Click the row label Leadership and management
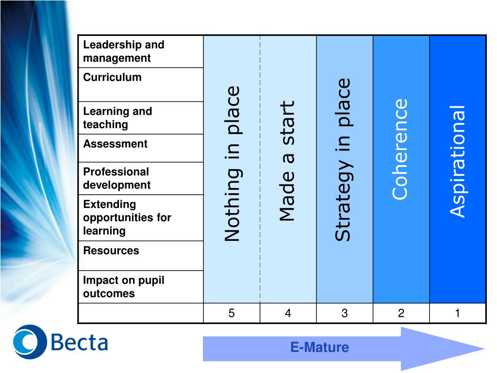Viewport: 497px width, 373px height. tap(124, 51)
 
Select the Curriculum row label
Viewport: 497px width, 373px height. tap(112, 77)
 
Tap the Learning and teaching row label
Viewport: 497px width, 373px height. tap(117, 118)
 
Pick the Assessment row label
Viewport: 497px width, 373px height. tap(115, 144)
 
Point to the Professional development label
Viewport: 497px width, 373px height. tap(116, 178)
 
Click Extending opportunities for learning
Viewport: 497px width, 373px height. tap(127, 217)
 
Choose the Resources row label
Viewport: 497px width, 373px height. tap(111, 251)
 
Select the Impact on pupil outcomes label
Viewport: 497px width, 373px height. tap(124, 287)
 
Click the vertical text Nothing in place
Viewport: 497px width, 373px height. tap(232, 164)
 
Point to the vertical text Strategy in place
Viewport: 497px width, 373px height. tap(343, 159)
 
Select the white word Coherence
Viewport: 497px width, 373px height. tap(400, 149)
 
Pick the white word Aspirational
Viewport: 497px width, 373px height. tap(457, 161)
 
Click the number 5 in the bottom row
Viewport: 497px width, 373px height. tap(232, 313)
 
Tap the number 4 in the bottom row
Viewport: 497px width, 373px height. tap(288, 313)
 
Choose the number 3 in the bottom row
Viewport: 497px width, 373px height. tap(345, 313)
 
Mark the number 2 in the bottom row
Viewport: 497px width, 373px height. tap(401, 313)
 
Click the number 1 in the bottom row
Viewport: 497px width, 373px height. tap(457, 313)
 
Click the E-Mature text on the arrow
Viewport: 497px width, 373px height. tap(319, 347)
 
